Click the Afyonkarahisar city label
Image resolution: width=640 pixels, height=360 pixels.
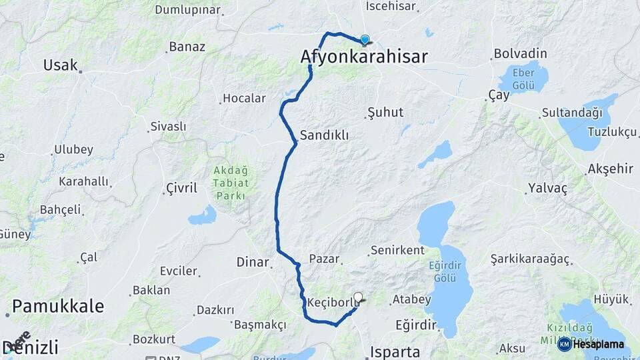[364, 57]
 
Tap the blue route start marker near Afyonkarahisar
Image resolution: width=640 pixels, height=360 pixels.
[365, 40]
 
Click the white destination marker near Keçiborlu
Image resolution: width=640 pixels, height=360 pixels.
[359, 298]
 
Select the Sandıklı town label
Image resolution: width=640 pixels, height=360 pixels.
[324, 135]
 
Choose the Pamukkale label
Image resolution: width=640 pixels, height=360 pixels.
[58, 306]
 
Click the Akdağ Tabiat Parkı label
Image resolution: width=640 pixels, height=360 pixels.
[230, 183]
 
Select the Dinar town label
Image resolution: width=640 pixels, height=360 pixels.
[253, 263]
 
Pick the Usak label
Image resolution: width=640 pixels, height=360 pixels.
[60, 65]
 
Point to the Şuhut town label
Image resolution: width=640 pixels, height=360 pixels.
[385, 112]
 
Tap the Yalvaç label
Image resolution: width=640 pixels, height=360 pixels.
[547, 189]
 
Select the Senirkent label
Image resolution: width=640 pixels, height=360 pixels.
[397, 251]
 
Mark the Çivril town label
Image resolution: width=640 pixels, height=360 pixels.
[181, 188]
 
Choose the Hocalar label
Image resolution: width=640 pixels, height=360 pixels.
[244, 98]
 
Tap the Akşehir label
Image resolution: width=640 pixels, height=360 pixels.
[611, 169]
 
